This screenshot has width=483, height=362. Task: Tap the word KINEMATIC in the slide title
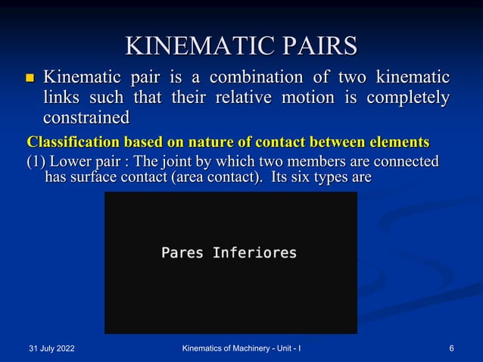pyautogui.click(x=185, y=45)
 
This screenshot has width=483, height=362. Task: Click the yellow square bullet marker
pyautogui.click(x=30, y=78)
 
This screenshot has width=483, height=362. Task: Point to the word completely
pyautogui.click(x=408, y=98)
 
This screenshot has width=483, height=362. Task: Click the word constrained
pyautogui.click(x=86, y=118)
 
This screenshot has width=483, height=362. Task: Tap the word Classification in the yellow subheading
pyautogui.click(x=73, y=142)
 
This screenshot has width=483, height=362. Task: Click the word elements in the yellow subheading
pyautogui.click(x=397, y=142)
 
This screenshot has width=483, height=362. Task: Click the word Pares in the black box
pyautogui.click(x=182, y=252)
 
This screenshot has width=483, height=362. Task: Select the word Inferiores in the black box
pyautogui.click(x=254, y=252)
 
